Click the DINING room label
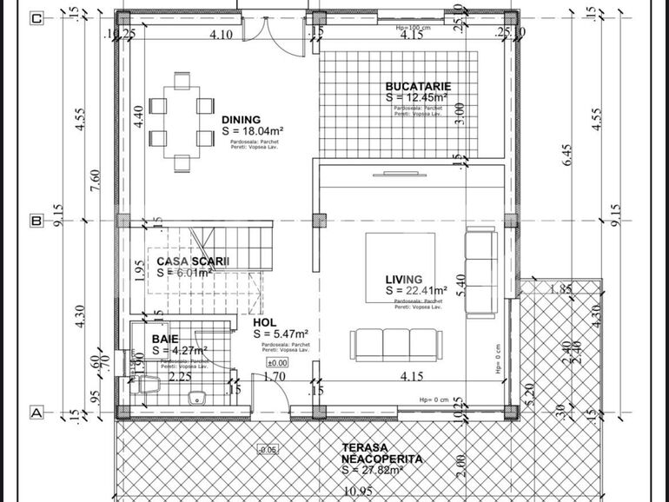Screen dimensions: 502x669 coord(240,120)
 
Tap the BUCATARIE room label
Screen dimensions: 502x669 coord(418,87)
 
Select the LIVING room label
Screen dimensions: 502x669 coord(405,279)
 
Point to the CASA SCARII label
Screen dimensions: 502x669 coord(193,261)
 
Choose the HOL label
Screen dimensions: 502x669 coord(265,321)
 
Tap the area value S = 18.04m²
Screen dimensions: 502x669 coord(254,131)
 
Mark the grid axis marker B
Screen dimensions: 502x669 coord(36,221)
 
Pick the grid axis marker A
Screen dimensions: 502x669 coord(36,413)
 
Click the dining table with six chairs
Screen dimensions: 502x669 coord(182,122)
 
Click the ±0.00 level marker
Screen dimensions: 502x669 coord(277,363)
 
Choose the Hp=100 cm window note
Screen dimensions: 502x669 coord(414,27)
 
